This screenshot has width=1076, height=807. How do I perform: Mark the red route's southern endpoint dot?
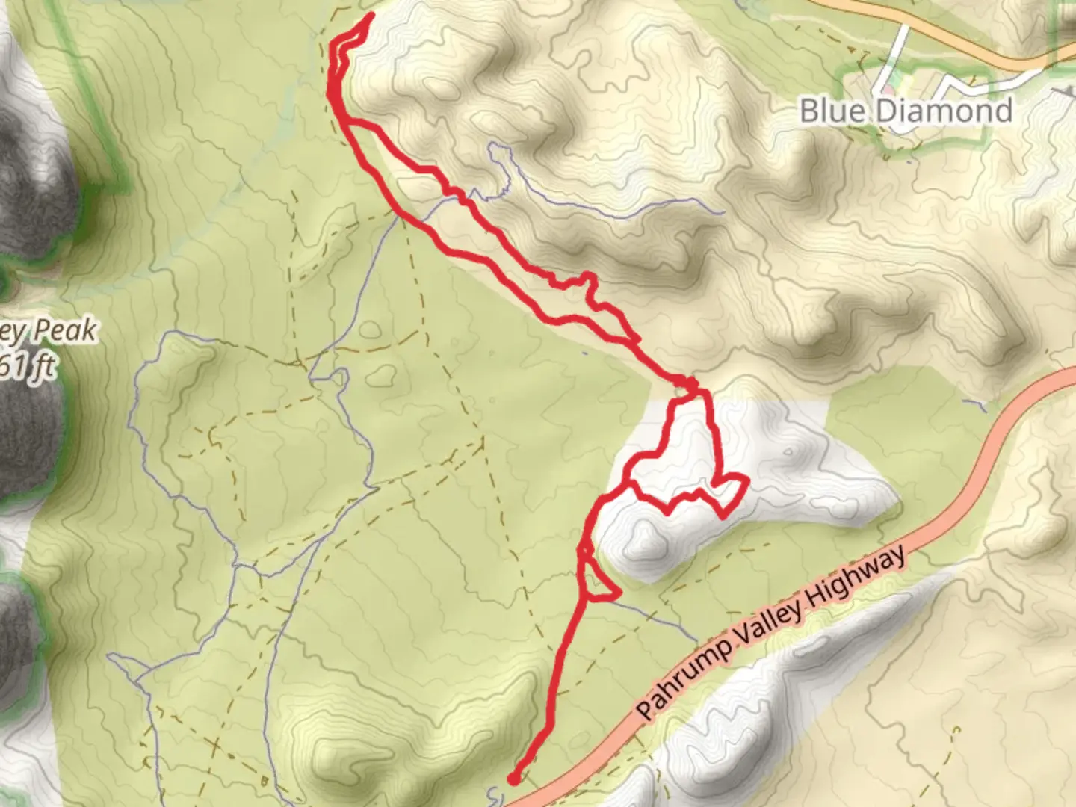[x=514, y=779]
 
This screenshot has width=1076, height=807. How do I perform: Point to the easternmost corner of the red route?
[x=747, y=479]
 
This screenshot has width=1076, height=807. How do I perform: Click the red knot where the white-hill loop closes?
[x=689, y=385]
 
